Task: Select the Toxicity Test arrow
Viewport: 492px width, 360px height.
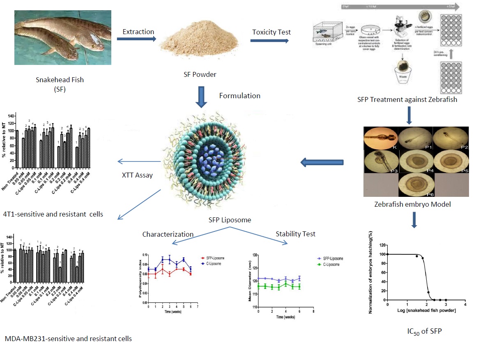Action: [269, 41]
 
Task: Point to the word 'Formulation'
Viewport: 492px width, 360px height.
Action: [239, 96]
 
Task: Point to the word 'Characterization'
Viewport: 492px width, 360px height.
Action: [168, 234]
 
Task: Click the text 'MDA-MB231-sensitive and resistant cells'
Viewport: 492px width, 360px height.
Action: [69, 339]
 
